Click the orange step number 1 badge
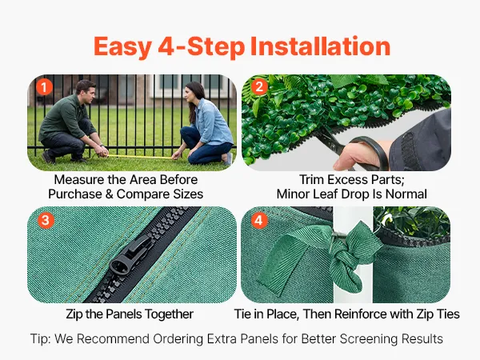point(44,87)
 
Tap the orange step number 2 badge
point(259,87)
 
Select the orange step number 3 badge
point(46,221)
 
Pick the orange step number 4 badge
point(259,221)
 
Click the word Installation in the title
point(320,46)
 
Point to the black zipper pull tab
point(131,254)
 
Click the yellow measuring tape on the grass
point(139,157)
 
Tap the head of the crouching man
point(86,91)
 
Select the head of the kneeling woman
point(194,94)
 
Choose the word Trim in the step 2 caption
point(311,180)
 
